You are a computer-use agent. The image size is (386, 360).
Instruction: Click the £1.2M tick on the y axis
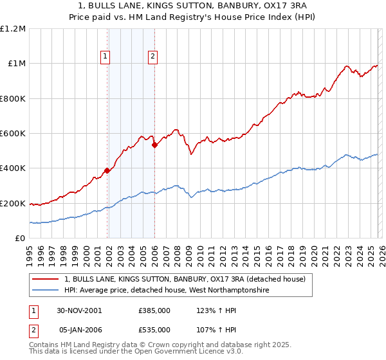(x=14, y=29)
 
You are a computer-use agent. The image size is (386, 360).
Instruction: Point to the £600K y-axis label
(x=14, y=134)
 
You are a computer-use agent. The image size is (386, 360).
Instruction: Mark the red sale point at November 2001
(x=107, y=171)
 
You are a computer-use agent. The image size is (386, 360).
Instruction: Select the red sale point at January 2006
(x=154, y=145)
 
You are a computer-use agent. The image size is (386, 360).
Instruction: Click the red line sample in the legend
(x=46, y=279)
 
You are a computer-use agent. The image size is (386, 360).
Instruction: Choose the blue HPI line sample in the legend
(x=46, y=291)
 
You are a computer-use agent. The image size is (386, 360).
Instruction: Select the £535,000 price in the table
(x=154, y=330)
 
